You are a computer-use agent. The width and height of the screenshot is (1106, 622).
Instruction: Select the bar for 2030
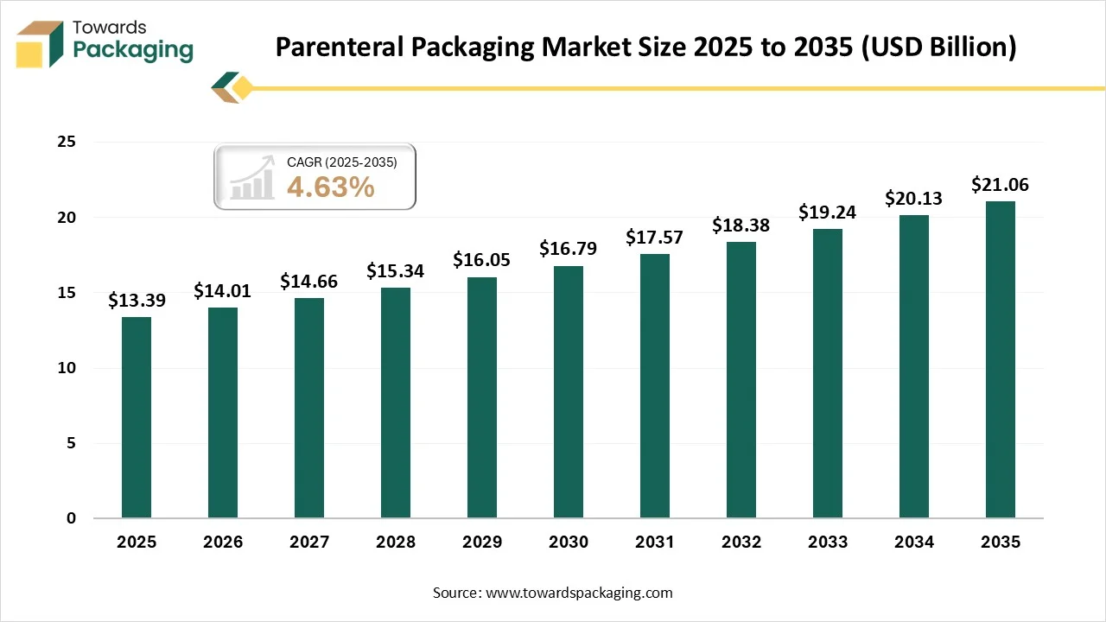[569, 392]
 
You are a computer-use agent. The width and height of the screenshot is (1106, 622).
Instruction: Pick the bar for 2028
[396, 403]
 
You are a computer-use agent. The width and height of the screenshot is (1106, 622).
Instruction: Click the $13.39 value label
[137, 301]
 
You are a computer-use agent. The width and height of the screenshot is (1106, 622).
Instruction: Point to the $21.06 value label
[1000, 185]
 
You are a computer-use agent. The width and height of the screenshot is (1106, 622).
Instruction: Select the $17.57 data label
[655, 238]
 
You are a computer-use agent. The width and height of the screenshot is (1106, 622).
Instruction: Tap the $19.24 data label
[827, 213]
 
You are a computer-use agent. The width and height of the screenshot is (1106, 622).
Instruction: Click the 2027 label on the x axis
[309, 543]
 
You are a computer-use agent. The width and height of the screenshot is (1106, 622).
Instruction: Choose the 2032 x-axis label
[741, 543]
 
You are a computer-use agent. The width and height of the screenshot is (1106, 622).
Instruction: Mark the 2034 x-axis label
[914, 543]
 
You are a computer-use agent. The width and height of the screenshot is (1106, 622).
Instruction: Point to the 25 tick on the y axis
[67, 143]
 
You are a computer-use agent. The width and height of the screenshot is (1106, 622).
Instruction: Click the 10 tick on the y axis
[67, 368]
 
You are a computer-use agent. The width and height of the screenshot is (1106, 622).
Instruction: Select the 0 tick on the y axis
[72, 518]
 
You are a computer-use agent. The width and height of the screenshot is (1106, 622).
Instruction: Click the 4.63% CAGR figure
[330, 187]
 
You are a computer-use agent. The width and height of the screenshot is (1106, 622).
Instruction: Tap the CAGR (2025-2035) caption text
[341, 162]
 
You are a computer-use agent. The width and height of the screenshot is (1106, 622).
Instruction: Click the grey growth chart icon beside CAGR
[251, 181]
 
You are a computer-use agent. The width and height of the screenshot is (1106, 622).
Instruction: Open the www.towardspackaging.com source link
[580, 593]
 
